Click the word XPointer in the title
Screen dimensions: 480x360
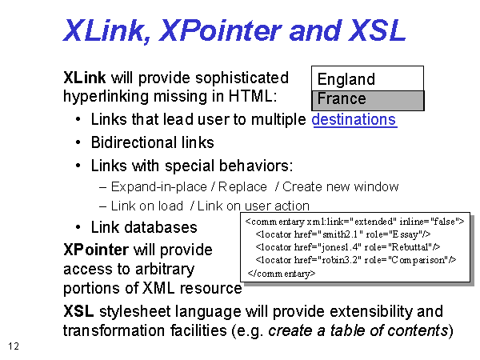(220, 30)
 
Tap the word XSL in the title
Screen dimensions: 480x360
(377, 30)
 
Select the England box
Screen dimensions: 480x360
(368, 78)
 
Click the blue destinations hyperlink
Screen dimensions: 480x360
(354, 119)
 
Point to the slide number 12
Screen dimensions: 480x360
(14, 346)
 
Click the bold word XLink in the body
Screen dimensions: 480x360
(85, 78)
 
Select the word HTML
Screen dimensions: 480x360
(253, 96)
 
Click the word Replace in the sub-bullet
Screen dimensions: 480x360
(242, 186)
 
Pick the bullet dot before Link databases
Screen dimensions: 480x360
(78, 227)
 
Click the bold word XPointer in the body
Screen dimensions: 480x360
(96, 250)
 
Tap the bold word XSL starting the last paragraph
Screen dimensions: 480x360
(78, 311)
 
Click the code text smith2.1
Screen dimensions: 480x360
(340, 234)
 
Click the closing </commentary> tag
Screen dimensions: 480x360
(282, 273)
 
